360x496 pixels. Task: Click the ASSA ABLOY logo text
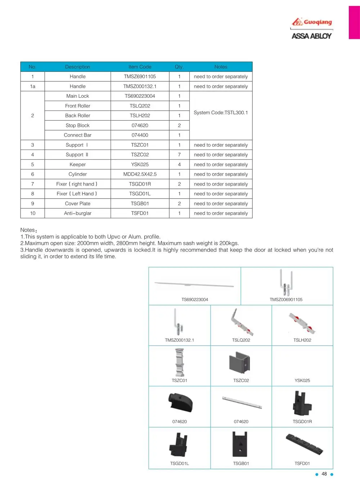coord(311,36)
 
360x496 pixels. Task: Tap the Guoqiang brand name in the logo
coord(318,22)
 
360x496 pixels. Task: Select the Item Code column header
coord(140,67)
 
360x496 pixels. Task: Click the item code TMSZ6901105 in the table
coord(140,77)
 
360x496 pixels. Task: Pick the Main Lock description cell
coord(77,96)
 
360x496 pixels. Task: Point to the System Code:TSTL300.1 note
coord(221,113)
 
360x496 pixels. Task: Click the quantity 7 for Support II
coord(179,155)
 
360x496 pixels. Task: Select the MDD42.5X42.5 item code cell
coord(140,174)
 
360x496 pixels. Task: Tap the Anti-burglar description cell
coord(77,213)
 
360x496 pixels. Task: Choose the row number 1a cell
coord(32,86)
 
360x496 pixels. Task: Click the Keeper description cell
coord(77,164)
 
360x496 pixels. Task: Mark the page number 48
coord(324,474)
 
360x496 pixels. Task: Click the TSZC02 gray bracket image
coord(239,363)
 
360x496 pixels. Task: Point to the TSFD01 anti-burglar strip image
coord(303,445)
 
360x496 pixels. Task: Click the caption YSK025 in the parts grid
coord(302,381)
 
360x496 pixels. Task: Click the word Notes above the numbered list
coord(27,230)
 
